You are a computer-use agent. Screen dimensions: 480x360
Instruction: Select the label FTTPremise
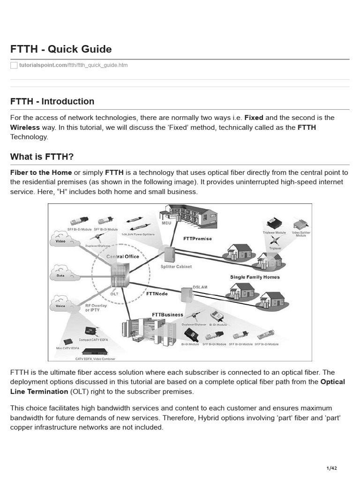[x=197, y=239]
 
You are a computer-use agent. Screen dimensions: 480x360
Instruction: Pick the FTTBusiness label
[x=167, y=315]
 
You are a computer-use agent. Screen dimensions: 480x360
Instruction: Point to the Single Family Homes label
[x=255, y=277]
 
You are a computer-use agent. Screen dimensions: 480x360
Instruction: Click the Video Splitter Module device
[x=301, y=224]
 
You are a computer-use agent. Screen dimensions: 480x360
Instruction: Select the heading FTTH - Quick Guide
[x=61, y=49]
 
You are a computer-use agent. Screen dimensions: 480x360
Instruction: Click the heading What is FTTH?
[x=42, y=156]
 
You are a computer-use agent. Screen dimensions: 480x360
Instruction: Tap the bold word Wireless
[x=25, y=127]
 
